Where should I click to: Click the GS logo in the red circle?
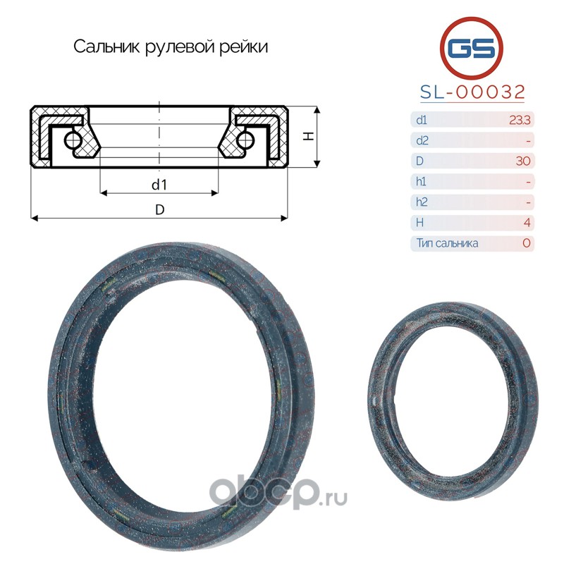[x=471, y=48]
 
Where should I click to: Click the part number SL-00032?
[x=472, y=92]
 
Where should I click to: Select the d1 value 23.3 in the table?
[x=520, y=120]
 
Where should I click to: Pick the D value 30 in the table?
[x=523, y=161]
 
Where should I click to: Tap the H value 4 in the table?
[x=527, y=223]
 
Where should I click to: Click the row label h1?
[x=421, y=181]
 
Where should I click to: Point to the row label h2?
[x=422, y=202]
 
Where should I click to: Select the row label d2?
[x=422, y=140]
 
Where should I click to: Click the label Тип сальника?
[x=447, y=243]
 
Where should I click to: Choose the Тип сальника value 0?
[x=526, y=243]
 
